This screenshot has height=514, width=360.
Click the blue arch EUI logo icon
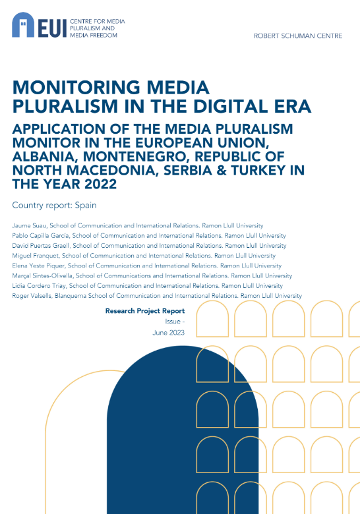click(x=23, y=24)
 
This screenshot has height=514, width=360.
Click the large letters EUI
click(x=53, y=28)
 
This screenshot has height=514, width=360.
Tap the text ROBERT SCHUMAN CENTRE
click(x=298, y=36)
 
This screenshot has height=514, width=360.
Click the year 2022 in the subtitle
click(x=101, y=184)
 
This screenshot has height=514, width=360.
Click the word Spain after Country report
click(x=86, y=206)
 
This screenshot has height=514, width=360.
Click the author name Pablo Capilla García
click(x=41, y=236)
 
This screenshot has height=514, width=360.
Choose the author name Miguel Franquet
click(x=36, y=256)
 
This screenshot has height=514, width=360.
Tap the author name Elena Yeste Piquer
click(x=38, y=266)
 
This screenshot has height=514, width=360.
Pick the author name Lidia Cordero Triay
click(x=39, y=286)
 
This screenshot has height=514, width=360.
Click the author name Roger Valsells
click(x=32, y=296)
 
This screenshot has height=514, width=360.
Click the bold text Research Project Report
click(x=145, y=311)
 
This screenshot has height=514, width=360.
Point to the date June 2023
click(x=169, y=333)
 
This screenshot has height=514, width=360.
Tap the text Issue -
click(x=175, y=322)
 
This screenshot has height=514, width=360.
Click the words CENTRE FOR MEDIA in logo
click(x=98, y=22)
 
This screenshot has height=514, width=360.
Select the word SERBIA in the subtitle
click(x=188, y=170)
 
